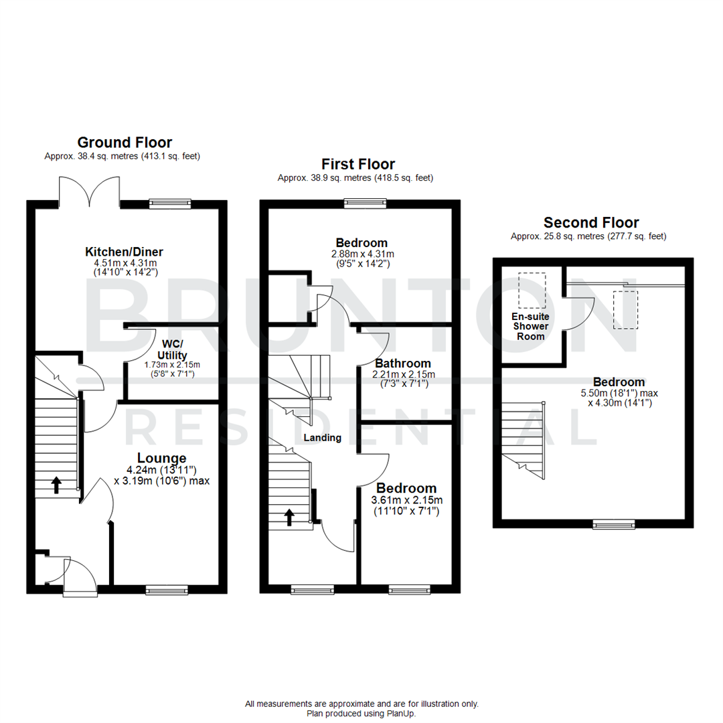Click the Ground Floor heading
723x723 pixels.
[x=125, y=142]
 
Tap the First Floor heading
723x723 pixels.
[x=358, y=164]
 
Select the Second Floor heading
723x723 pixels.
[x=591, y=222]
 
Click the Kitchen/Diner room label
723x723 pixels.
[x=124, y=252]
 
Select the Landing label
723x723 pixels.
[x=323, y=438]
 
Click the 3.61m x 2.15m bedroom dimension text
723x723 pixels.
[x=406, y=500]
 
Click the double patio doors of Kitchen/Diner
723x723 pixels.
[x=90, y=191]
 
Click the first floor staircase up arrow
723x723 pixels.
[x=289, y=517]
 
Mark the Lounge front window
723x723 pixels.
[x=167, y=590]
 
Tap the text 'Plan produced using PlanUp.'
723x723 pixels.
[x=361, y=713]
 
